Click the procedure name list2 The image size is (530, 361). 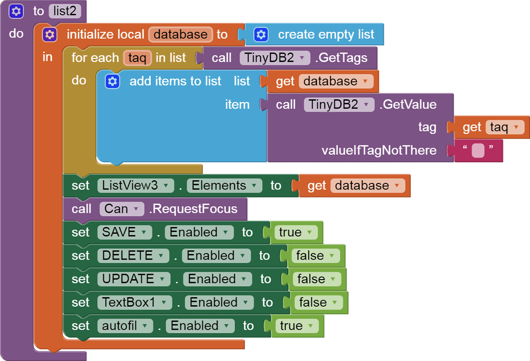65,11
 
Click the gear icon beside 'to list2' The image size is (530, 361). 16,11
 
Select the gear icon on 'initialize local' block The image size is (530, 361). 50,34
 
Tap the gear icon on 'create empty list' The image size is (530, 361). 261,34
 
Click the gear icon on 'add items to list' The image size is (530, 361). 112,81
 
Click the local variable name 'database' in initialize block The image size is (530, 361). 180,34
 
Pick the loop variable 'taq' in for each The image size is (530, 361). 137,58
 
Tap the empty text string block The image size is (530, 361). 478,151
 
